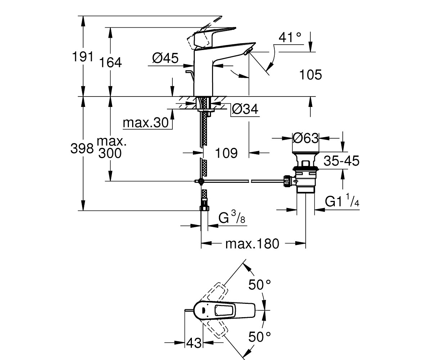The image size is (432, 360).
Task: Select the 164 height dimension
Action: pos(111,62)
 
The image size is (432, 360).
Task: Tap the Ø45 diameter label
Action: pos(165,58)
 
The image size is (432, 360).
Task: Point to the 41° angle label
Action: pos(290,38)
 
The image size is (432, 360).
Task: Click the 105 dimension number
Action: pos(311,75)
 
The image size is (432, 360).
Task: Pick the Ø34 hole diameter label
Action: pos(245,109)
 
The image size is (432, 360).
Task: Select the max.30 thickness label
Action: pos(146,123)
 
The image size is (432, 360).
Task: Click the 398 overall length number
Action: pos(82,148)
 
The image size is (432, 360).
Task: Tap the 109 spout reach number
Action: pos(226,153)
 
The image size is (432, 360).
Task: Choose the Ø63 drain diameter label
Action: pos(306,138)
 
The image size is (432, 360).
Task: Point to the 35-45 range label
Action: pos(341,161)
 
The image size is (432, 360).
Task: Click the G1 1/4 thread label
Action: pos(342,200)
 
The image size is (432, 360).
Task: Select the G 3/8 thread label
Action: pos(232,217)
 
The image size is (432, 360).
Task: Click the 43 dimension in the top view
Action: pos(194,343)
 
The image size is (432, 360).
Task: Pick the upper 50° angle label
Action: pos(260,284)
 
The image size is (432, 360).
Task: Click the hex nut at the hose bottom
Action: pos(204,208)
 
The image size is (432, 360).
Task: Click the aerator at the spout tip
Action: pos(247,51)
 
